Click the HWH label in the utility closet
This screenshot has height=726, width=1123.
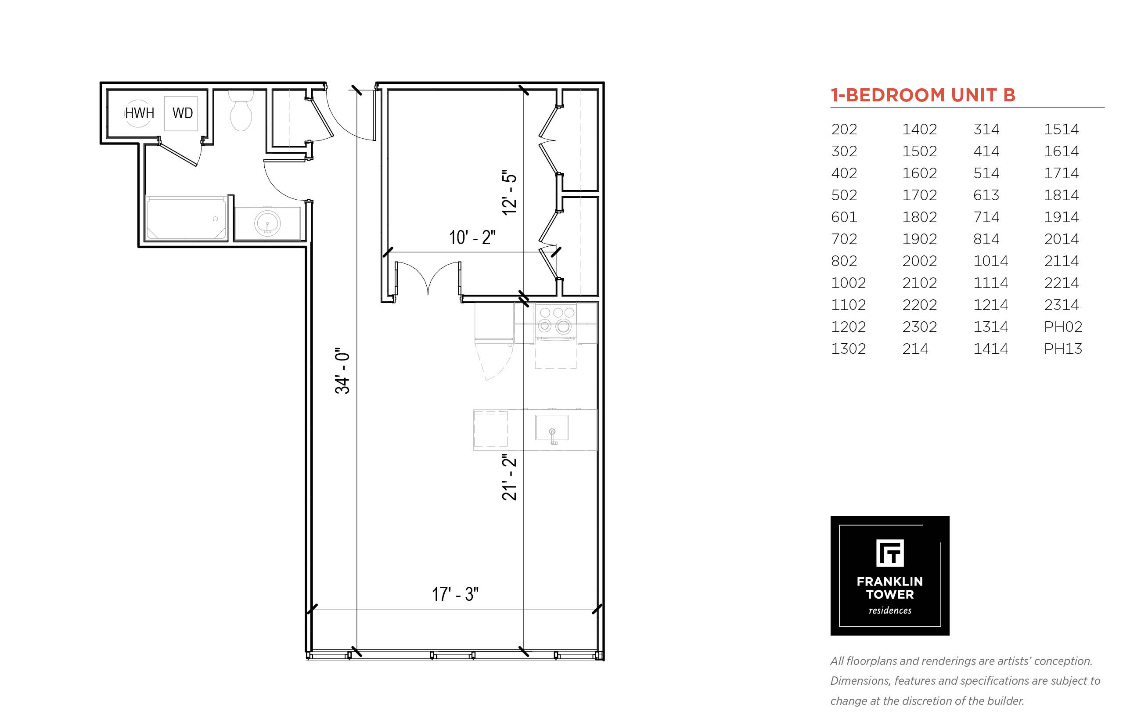pyautogui.click(x=139, y=113)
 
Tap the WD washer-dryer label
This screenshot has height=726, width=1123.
pyautogui.click(x=183, y=113)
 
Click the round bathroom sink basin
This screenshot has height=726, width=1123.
pyautogui.click(x=267, y=223)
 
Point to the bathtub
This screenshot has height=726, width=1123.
pyautogui.click(x=186, y=218)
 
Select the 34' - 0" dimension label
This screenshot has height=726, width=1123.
pyautogui.click(x=342, y=371)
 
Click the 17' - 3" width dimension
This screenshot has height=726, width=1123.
pyautogui.click(x=455, y=594)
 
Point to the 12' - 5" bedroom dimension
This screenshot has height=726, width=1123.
pyautogui.click(x=509, y=192)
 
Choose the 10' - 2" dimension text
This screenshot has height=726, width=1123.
pyautogui.click(x=472, y=237)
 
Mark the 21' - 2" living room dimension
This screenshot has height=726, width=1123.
pyautogui.click(x=509, y=478)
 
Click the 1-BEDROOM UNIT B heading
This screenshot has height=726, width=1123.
pyautogui.click(x=923, y=95)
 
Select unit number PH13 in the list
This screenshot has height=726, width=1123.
pyautogui.click(x=1063, y=349)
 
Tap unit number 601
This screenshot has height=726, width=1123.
pyautogui.click(x=844, y=217)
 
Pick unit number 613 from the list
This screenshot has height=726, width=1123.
pyautogui.click(x=986, y=195)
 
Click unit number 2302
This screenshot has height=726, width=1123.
pyautogui.click(x=919, y=327)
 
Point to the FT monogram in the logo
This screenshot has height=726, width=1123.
pyautogui.click(x=889, y=553)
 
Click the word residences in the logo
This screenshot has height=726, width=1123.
pyautogui.click(x=889, y=611)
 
